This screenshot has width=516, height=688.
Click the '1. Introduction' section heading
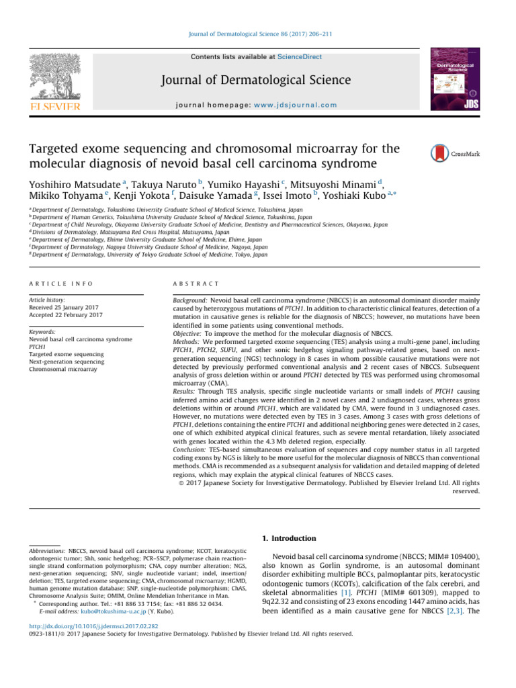pyautogui.click(x=290, y=538)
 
